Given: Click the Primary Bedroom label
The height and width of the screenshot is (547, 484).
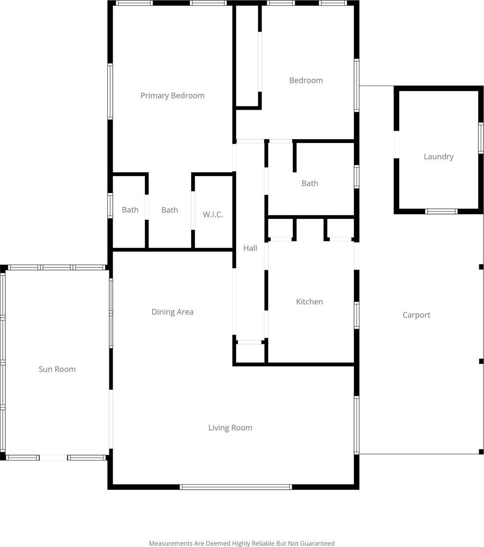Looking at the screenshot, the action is pyautogui.click(x=172, y=96).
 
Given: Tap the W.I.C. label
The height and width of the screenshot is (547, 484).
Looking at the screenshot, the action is pyautogui.click(x=213, y=214).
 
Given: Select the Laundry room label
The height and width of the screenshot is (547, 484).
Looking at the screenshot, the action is pyautogui.click(x=439, y=157).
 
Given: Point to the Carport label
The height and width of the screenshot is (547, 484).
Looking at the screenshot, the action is pyautogui.click(x=416, y=315).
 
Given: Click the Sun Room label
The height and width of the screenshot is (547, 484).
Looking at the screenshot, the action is pyautogui.click(x=57, y=369).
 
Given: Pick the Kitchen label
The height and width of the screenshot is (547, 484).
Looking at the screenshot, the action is pyautogui.click(x=309, y=302).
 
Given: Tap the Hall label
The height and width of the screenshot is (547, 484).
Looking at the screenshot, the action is pyautogui.click(x=250, y=248).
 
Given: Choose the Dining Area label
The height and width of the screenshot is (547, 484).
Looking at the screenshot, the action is pyautogui.click(x=172, y=312).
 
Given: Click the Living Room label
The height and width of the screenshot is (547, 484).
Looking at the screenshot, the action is pyautogui.click(x=230, y=428).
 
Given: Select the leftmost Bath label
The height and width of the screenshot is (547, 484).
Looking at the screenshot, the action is pyautogui.click(x=130, y=210).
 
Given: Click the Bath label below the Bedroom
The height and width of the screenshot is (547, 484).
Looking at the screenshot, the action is pyautogui.click(x=310, y=183).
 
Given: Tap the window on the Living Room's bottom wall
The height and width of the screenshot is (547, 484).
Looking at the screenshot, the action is pyautogui.click(x=235, y=487).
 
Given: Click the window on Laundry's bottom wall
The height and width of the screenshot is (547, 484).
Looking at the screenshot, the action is pyautogui.click(x=441, y=211).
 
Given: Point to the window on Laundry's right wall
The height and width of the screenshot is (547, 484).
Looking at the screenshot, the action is pyautogui.click(x=481, y=138).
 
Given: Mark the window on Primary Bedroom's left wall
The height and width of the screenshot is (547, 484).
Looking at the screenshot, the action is pyautogui.click(x=110, y=91).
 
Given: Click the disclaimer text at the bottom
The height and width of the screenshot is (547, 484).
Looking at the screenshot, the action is pyautogui.click(x=242, y=543).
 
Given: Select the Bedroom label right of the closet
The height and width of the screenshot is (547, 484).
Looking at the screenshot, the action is pyautogui.click(x=306, y=80).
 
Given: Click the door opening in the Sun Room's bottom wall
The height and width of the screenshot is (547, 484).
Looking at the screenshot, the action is pyautogui.click(x=53, y=458).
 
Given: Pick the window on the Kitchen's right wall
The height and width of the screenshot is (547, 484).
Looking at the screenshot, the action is pyautogui.click(x=356, y=316).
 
